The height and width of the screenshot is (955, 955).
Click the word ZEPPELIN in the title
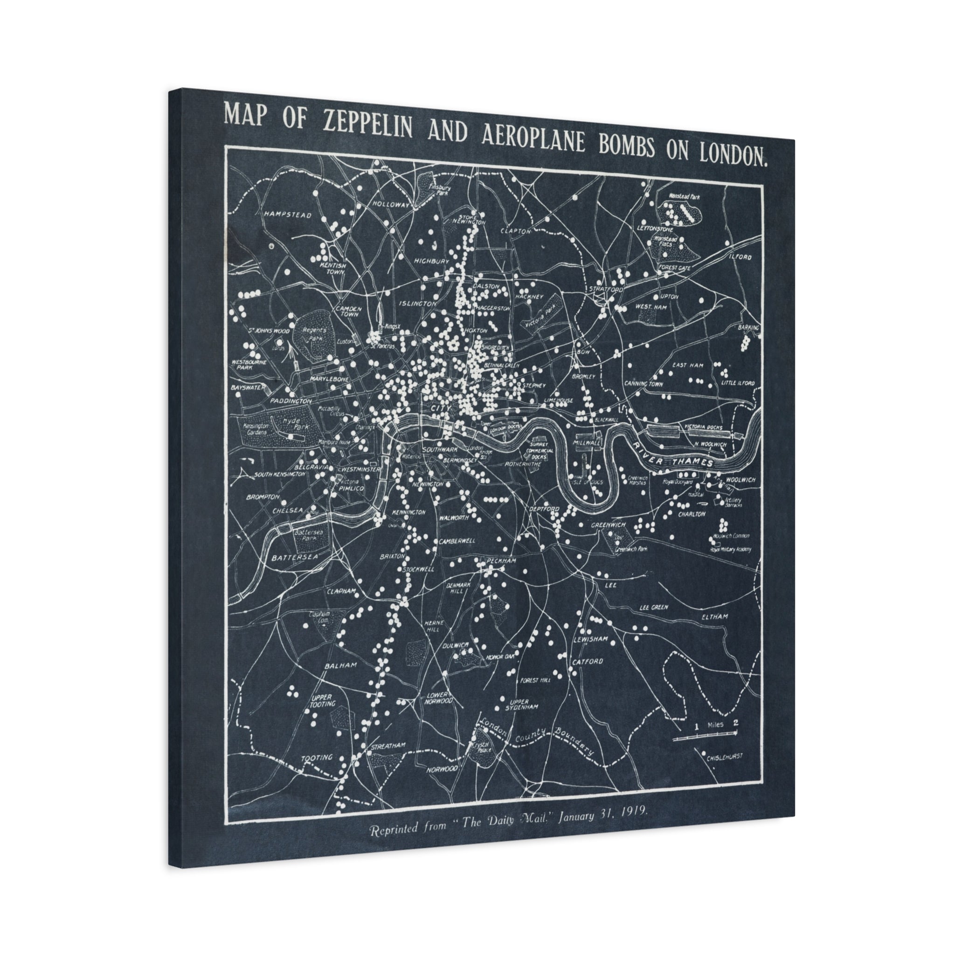(x=367, y=126)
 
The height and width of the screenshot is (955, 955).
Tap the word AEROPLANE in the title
(x=534, y=138)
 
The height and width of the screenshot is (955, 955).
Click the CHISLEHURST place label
(x=724, y=757)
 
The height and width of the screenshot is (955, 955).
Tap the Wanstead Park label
(x=685, y=197)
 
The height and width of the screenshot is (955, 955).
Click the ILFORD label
(x=740, y=257)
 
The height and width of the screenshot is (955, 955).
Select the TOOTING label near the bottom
(x=317, y=758)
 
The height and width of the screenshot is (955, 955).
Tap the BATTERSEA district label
(x=294, y=557)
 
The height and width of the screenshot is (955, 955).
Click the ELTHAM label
(x=715, y=617)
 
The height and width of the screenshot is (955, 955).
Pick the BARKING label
(x=748, y=327)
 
